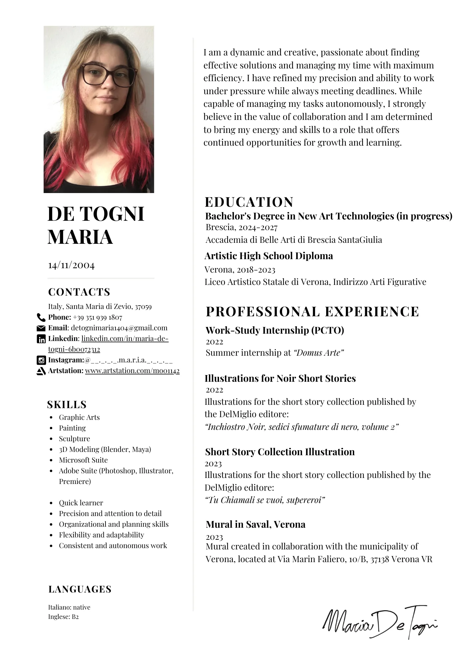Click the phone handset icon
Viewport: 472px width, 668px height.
point(41,317)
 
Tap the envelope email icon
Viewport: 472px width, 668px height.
point(41,328)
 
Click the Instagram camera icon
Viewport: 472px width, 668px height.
point(41,360)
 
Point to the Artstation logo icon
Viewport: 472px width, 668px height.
point(41,371)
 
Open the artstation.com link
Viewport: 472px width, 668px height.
point(132,371)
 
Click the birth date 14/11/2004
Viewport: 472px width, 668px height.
point(71,265)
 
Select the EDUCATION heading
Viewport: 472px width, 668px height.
point(249,202)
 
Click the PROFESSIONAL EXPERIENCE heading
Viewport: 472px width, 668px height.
point(312,312)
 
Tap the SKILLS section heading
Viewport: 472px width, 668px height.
point(67,405)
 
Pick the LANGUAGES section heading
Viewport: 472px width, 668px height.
point(80,589)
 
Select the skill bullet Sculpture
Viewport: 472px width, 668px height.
point(74,439)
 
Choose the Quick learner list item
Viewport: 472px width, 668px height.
point(81,503)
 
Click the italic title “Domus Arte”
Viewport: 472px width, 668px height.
point(318,353)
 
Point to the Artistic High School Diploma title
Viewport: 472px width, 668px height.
point(269,256)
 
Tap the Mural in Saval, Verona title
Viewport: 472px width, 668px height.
point(255,524)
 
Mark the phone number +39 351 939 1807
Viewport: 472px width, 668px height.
point(97,317)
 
